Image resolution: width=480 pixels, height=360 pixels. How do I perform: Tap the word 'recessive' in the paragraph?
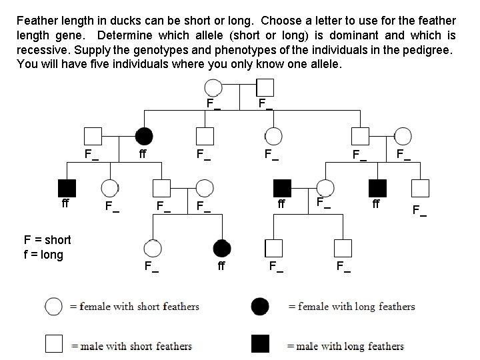pyautogui.click(x=41, y=50)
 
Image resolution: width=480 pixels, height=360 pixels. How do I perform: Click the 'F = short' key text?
pyautogui.click(x=47, y=240)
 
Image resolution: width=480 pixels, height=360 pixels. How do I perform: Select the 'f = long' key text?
pyautogui.click(x=43, y=254)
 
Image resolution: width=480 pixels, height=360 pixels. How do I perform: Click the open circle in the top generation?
pyautogui.click(x=213, y=87)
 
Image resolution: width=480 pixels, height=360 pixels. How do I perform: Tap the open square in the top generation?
pyautogui.click(x=265, y=87)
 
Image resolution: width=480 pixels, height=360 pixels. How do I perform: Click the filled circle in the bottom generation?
pyautogui.click(x=222, y=249)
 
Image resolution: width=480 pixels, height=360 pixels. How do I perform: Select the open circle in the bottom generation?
pyautogui.click(x=153, y=249)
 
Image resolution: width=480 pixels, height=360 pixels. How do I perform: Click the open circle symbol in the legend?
pyautogui.click(x=53, y=307)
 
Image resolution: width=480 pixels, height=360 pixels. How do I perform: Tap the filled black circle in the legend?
pyautogui.click(x=260, y=307)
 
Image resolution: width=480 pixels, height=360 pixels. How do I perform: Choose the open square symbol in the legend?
pyautogui.click(x=53, y=344)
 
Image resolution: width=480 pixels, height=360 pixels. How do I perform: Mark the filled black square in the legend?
pyautogui.click(x=260, y=344)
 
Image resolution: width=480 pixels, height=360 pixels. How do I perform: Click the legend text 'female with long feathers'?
pyautogui.click(x=358, y=307)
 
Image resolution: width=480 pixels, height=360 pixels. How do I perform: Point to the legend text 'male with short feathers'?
pyautogui.click(x=136, y=346)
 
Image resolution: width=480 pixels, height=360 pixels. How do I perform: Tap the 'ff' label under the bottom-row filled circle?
pyautogui.click(x=222, y=268)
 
